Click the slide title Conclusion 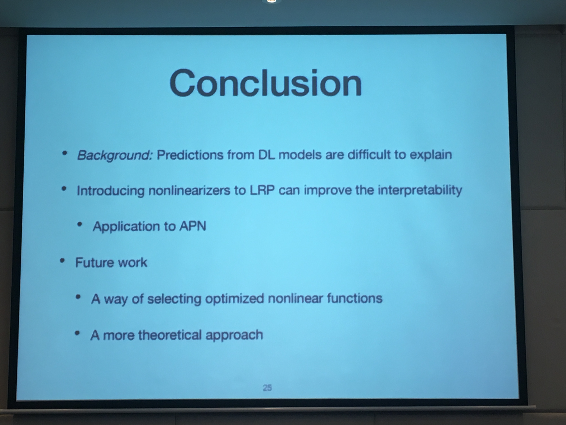266,83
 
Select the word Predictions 190,155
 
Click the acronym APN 193,226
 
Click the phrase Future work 111,262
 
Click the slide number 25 267,388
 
